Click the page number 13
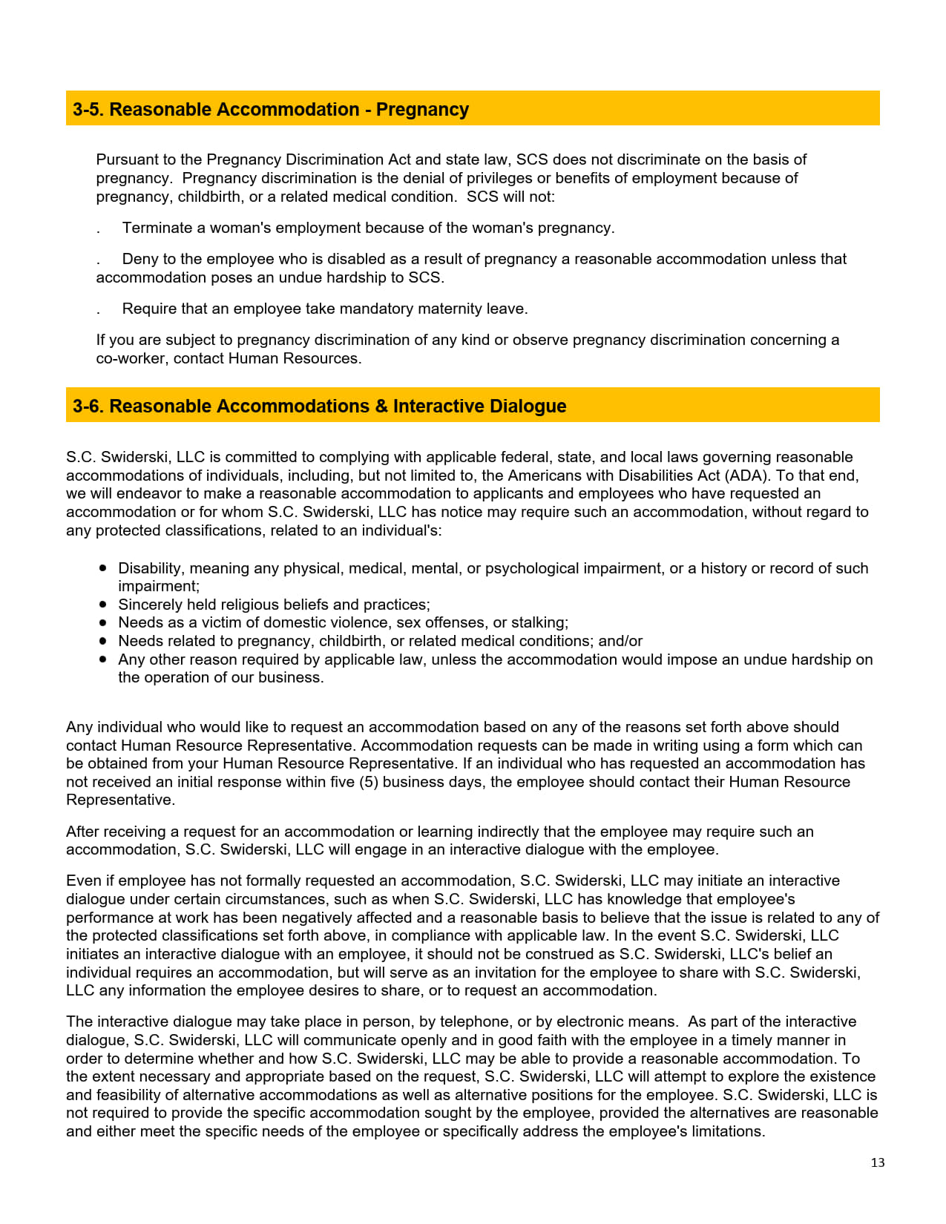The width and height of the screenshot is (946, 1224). (x=877, y=1162)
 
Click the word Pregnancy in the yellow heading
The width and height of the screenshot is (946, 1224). (x=422, y=110)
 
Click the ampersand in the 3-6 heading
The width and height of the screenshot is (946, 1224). (x=381, y=407)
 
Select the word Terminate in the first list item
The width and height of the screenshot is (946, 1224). (x=157, y=228)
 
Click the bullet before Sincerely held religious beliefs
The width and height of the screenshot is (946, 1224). (x=103, y=605)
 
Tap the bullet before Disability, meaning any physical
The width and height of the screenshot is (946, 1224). (x=103, y=568)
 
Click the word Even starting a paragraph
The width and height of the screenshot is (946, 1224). (x=82, y=881)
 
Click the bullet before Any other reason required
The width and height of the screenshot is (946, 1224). (x=103, y=659)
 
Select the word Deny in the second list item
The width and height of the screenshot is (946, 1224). (x=139, y=259)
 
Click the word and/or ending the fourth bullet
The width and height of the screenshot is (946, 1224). (x=620, y=641)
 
